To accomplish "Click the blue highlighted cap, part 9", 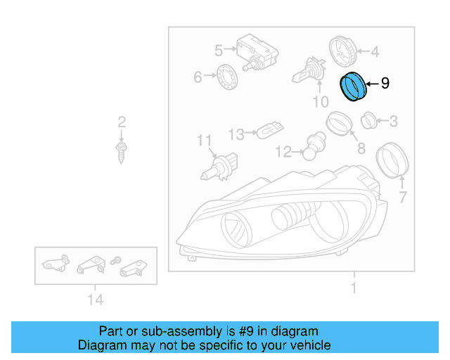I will coord(354,86).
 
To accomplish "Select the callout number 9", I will coord(385,84).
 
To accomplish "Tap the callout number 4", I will coord(375,51).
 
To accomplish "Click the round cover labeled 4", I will coord(343,49).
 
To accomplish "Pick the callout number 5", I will coord(219,50).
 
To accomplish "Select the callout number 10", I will coord(320,103).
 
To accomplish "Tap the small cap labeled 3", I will coord(368,122).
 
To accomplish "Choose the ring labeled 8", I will coord(339,125).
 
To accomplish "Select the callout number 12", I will coord(283,151).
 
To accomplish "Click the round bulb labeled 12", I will coord(310,150).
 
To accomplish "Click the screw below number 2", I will coord(122,150).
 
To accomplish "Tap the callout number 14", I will coord(96,300).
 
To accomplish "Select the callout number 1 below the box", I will coord(354,288).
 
